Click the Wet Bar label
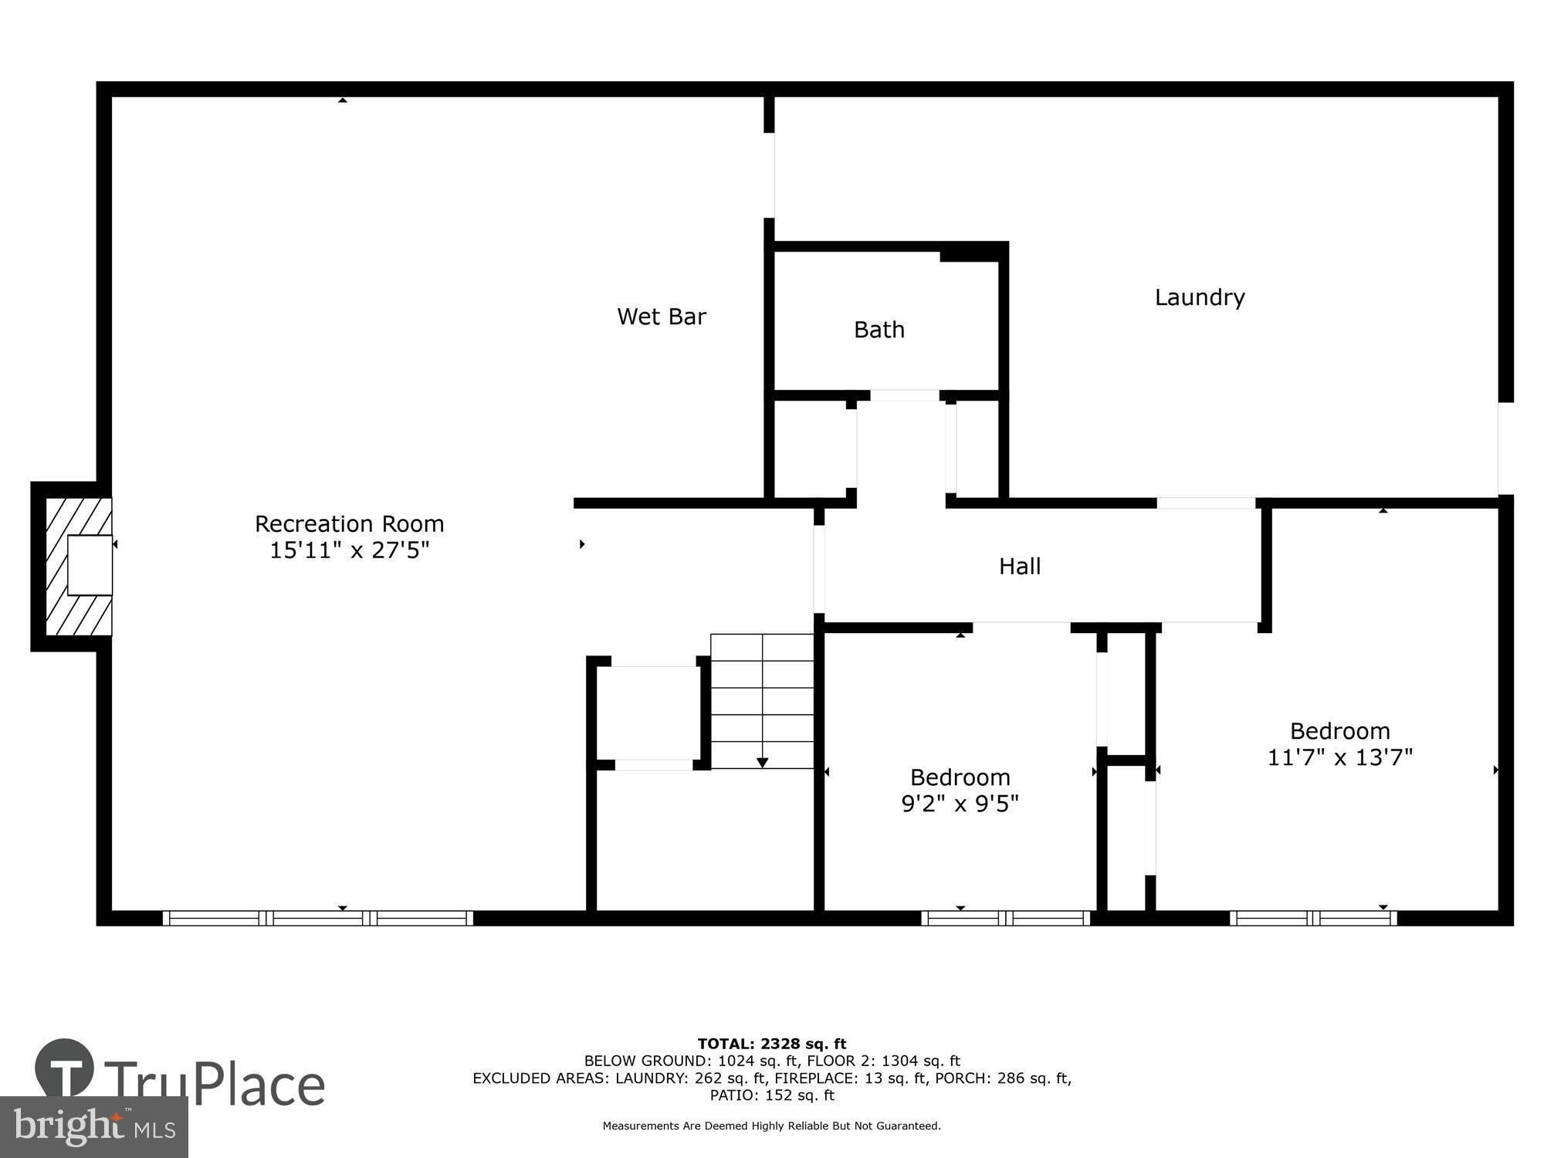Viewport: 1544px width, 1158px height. tap(662, 317)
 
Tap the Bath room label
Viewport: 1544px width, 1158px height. tap(879, 330)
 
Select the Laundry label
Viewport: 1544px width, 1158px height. tap(1199, 297)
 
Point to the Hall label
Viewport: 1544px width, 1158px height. tap(1019, 567)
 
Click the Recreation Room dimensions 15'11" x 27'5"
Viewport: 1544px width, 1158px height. tap(349, 550)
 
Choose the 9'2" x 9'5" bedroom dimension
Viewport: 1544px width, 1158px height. tap(960, 804)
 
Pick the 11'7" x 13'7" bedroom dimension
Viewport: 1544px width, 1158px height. tap(1339, 757)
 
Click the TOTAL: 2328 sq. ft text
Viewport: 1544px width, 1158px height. tap(771, 1045)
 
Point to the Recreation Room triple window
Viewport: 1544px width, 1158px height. tap(317, 918)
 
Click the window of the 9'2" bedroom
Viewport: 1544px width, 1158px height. tap(1005, 918)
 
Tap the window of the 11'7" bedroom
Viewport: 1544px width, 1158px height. tap(1312, 918)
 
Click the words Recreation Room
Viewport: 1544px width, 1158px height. tap(349, 524)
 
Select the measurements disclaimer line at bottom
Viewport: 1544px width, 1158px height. tap(771, 1126)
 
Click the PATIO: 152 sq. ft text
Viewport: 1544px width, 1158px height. tap(771, 1095)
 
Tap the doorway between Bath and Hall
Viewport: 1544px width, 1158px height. tap(904, 395)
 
